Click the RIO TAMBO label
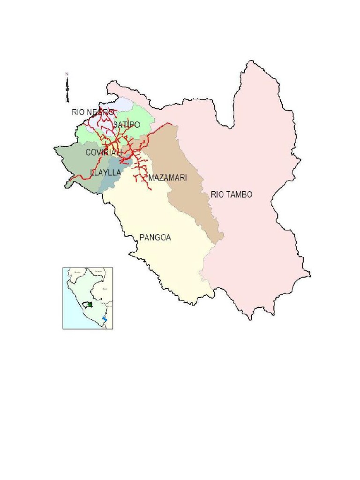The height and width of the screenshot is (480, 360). point(232,195)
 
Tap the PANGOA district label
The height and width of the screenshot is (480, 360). point(155,238)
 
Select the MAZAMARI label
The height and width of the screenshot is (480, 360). point(167,178)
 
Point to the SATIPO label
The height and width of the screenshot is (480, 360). point(126,125)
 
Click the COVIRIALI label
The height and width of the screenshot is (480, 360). point(104,152)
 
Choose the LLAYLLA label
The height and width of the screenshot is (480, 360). point(105,172)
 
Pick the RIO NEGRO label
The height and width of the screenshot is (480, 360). point(93,112)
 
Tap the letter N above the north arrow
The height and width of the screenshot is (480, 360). point(67,74)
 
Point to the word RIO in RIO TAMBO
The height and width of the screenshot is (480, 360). point(217,195)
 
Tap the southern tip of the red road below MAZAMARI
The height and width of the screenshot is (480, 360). point(150,189)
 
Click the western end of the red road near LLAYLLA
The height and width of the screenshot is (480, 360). point(69,181)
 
